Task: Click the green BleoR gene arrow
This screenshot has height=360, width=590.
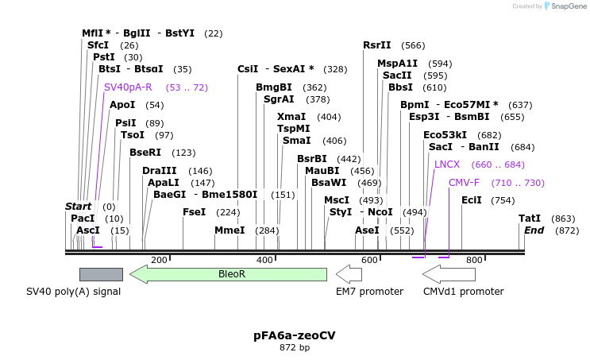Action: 230,274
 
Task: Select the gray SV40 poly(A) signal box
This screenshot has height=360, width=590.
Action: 101,274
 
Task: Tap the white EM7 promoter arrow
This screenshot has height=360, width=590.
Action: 349,274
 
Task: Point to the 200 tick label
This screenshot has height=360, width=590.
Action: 159,260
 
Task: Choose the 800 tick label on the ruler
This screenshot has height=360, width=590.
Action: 474,260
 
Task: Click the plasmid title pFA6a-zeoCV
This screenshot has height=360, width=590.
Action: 294,335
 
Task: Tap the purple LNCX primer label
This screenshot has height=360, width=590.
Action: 447,165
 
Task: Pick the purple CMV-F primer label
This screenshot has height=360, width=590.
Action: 464,183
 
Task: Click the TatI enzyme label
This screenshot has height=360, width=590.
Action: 530,219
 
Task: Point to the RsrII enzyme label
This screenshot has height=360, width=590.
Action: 377,45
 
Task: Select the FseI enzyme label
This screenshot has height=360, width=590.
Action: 195,212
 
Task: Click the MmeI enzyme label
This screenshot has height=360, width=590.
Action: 229,230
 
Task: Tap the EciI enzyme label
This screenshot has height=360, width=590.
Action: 472,200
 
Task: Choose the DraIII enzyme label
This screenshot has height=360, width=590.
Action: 160,171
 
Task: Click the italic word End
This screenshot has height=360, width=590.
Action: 534,230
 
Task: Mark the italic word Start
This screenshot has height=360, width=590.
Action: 79,207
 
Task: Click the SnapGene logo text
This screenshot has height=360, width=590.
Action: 566,6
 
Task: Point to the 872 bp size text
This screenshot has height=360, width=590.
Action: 294,348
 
